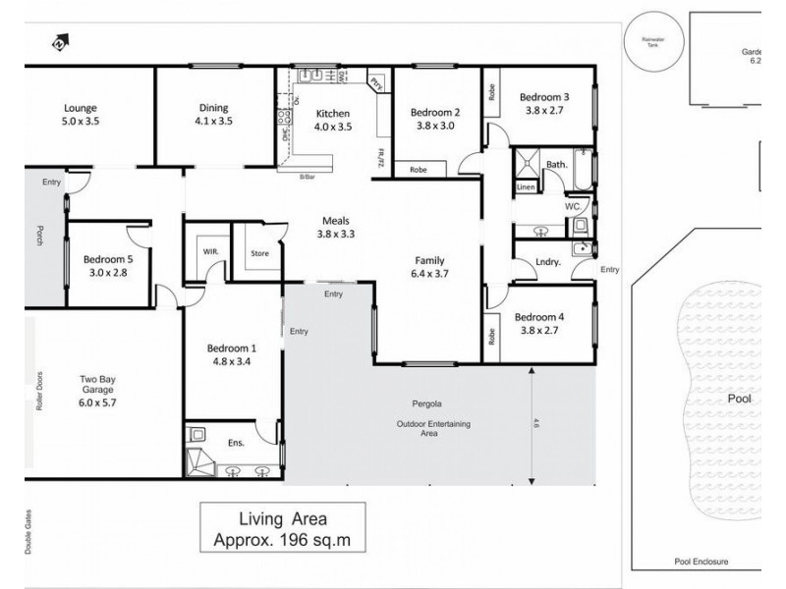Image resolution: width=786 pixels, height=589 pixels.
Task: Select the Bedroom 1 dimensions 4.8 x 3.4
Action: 232,361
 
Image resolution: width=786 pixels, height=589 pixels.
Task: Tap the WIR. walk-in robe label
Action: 209,251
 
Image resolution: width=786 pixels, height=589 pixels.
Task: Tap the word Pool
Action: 739,401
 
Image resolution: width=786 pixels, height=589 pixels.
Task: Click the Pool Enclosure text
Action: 702,562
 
